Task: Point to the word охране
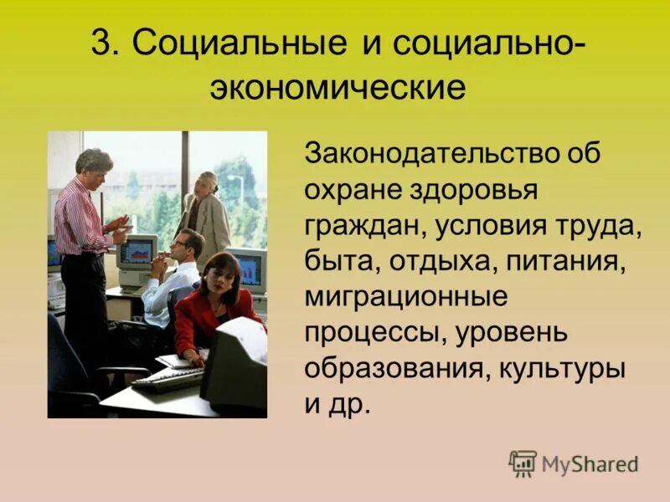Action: click(x=350, y=192)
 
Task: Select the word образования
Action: click(x=389, y=367)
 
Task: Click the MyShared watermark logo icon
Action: click(x=523, y=464)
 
